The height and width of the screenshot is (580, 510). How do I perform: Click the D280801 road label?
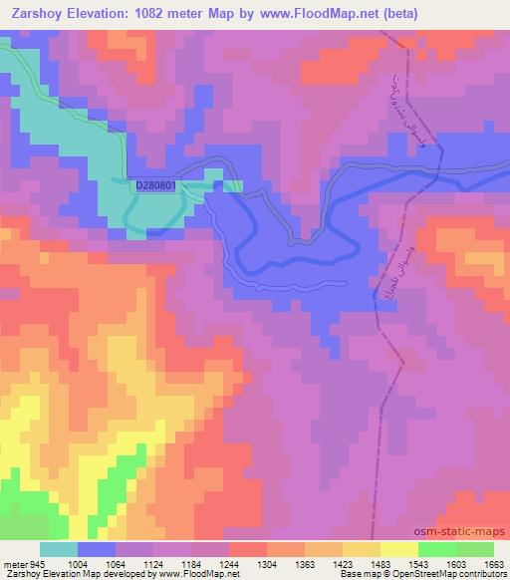tap(157, 184)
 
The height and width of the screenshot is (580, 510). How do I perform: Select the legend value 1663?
tap(494, 565)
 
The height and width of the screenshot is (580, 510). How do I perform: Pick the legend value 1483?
tap(381, 565)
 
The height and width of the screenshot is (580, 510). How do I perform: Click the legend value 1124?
tap(153, 565)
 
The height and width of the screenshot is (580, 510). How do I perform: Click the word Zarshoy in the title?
tap(35, 14)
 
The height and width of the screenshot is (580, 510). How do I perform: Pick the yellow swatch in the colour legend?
tap(399, 549)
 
